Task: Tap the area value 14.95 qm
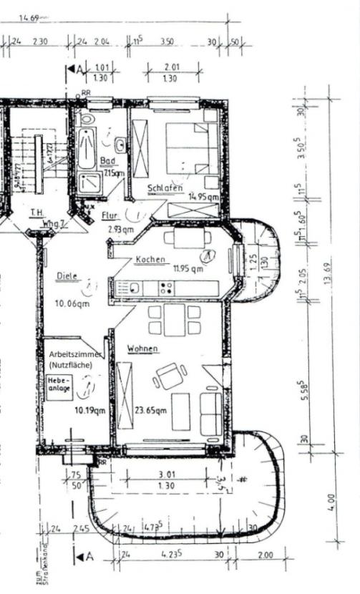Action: [x=203, y=196]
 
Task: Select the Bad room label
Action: [x=108, y=162]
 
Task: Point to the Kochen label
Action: [x=150, y=259]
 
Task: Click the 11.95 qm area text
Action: [x=188, y=269]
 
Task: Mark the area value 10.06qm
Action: [x=72, y=303]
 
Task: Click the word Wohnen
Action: [x=143, y=349]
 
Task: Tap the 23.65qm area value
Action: [x=151, y=410]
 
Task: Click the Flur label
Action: [x=109, y=215]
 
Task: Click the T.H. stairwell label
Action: [x=37, y=212]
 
